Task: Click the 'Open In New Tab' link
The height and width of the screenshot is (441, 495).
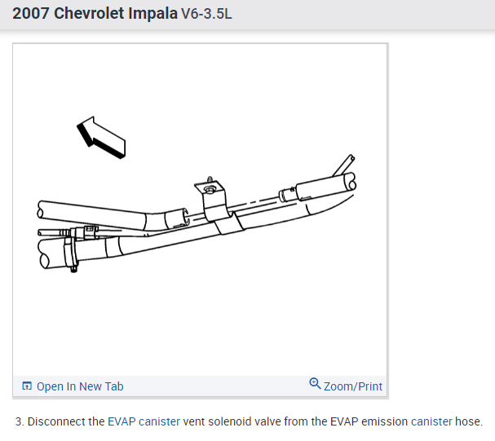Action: (80, 386)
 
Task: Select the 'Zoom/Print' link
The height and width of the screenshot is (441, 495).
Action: (352, 386)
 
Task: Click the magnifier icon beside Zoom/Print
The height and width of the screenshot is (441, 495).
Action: (315, 385)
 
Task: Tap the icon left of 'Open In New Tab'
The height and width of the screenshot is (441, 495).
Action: (27, 386)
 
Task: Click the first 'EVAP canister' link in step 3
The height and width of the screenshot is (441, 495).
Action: (144, 422)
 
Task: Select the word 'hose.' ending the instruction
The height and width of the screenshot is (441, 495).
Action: (470, 422)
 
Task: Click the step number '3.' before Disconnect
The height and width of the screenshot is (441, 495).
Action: (20, 422)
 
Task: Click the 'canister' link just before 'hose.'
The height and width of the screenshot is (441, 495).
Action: (431, 422)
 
